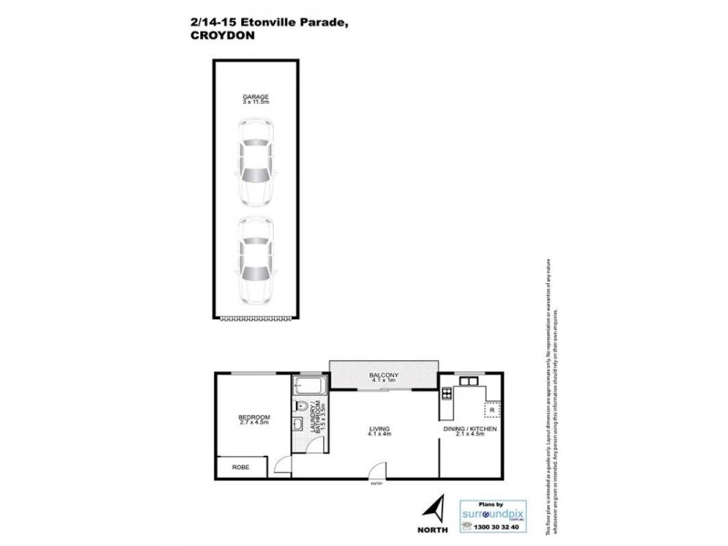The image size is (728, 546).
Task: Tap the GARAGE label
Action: click(x=255, y=96)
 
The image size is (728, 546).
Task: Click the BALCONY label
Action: click(x=383, y=374)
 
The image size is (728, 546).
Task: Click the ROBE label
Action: click(x=240, y=467)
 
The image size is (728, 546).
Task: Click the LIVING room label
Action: click(x=380, y=428)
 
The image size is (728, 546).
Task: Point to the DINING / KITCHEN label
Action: click(x=470, y=428)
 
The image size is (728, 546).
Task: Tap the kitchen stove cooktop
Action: click(x=446, y=394)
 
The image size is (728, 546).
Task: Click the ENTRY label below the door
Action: click(x=377, y=483)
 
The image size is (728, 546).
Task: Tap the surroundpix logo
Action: click(x=491, y=508)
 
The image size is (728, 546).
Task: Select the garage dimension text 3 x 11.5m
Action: click(x=255, y=103)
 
